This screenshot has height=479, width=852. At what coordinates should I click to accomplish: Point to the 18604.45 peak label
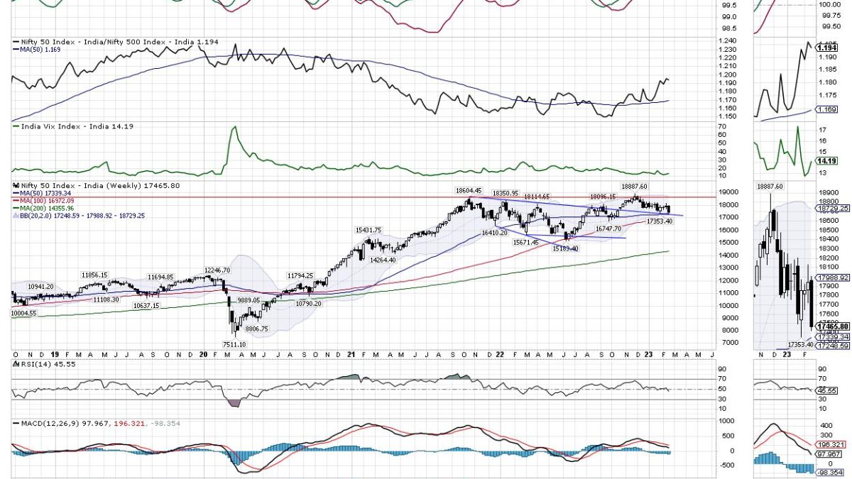(x=469, y=190)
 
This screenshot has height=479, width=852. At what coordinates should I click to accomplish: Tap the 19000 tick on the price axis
(x=726, y=192)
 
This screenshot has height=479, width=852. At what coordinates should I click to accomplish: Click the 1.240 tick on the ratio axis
(x=726, y=41)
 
